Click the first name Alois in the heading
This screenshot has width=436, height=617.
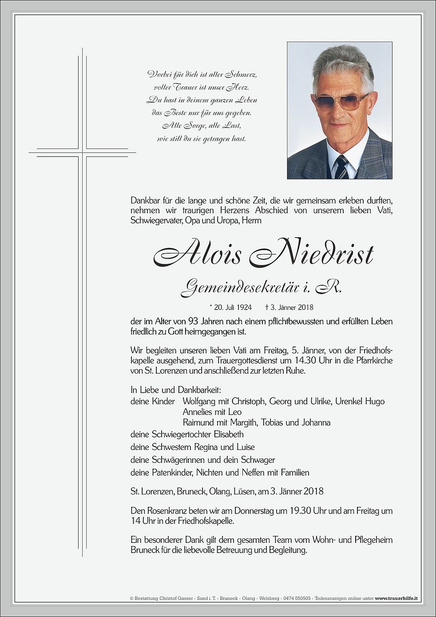(198, 254)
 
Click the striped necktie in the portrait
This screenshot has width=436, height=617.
(341, 167)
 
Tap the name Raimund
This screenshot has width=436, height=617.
(198, 422)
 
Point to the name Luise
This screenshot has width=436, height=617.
(246, 447)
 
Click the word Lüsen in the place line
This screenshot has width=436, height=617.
(245, 491)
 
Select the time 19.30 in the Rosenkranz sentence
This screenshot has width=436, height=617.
(300, 511)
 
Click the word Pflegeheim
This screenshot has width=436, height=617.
(373, 540)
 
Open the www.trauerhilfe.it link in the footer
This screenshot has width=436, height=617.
(396, 598)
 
